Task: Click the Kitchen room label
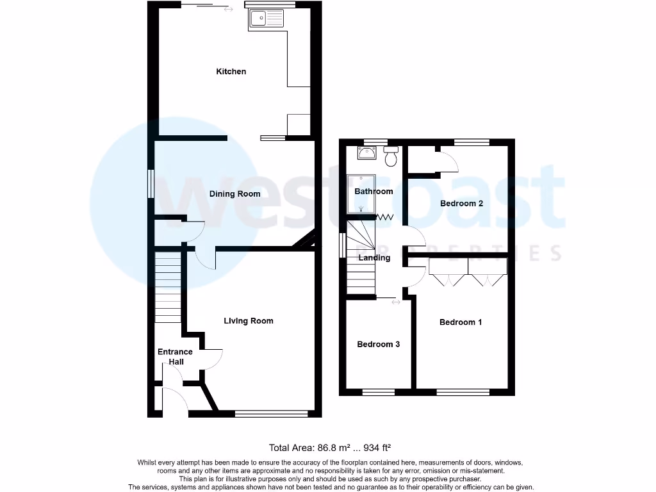click(231, 72)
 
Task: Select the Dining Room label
click(235, 193)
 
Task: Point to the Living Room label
click(249, 321)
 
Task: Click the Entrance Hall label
click(175, 357)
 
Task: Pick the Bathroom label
click(373, 192)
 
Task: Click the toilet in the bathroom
click(391, 156)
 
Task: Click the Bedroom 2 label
click(461, 204)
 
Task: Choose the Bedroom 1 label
click(461, 322)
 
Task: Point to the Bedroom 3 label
click(379, 345)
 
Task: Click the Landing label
click(374, 258)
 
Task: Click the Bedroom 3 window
click(379, 391)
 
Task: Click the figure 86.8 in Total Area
click(326, 447)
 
